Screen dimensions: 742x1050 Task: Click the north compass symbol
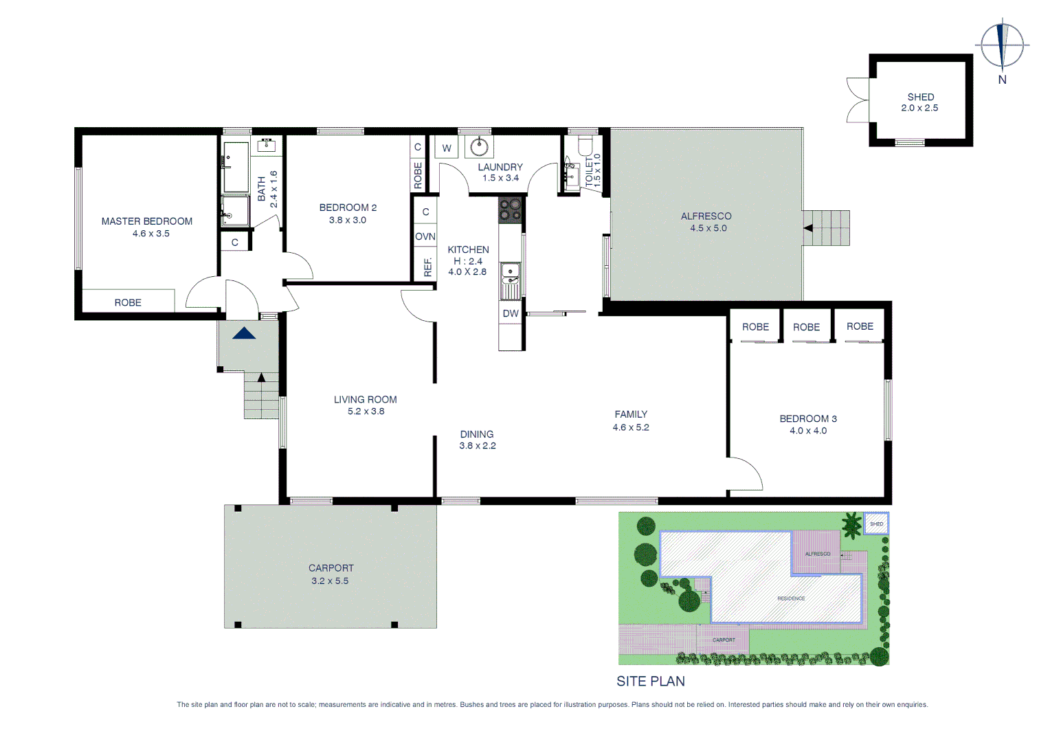(1003, 45)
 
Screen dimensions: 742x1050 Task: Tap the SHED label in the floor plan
(920, 97)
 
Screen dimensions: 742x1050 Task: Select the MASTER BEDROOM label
(146, 221)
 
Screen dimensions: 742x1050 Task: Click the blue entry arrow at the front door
(244, 333)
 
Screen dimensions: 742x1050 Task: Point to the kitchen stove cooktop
(510, 210)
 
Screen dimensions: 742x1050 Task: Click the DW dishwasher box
(511, 313)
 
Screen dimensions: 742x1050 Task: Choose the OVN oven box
(425, 236)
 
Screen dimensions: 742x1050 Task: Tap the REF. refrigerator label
(427, 267)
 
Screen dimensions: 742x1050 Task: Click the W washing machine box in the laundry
(447, 148)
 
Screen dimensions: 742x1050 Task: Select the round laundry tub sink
(480, 147)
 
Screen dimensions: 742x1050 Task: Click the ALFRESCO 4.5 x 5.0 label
(706, 222)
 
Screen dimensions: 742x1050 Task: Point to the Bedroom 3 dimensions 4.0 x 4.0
(808, 431)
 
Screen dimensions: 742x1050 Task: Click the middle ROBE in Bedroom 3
(806, 327)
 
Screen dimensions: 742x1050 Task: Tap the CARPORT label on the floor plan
(331, 568)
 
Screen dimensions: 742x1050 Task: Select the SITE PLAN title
(650, 681)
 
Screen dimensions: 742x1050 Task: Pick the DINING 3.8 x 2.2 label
(477, 440)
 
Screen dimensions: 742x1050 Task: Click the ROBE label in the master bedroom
(128, 302)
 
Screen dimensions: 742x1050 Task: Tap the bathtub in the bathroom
(236, 168)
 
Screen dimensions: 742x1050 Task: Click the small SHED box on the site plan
(876, 524)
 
